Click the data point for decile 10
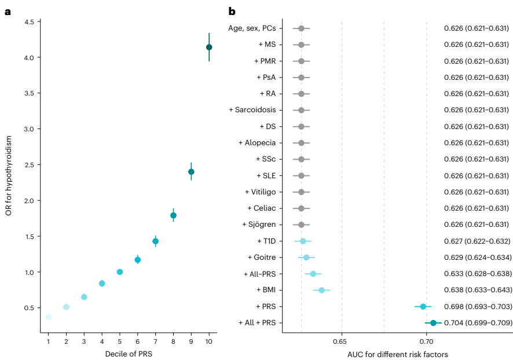(x=209, y=47)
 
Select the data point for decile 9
(x=191, y=171)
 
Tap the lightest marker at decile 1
(x=49, y=317)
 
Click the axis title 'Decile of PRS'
(x=128, y=353)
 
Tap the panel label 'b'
(x=232, y=11)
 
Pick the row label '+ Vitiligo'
(x=260, y=192)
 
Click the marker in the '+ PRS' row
(x=423, y=306)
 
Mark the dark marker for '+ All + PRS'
(x=433, y=322)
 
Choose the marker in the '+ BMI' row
(x=322, y=290)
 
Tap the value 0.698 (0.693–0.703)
(x=477, y=306)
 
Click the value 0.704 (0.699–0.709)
(x=477, y=322)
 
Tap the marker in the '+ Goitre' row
(x=306, y=257)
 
